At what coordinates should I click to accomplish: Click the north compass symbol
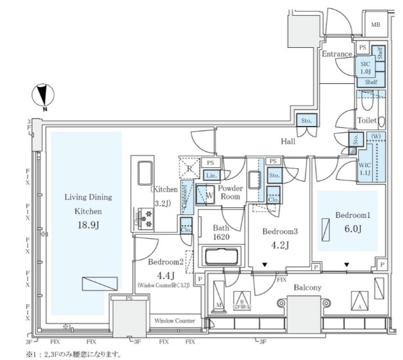click(x=41, y=96)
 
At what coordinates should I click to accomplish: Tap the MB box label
click(x=375, y=25)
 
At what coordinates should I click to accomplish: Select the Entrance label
click(x=337, y=54)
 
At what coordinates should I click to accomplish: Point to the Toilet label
click(x=366, y=121)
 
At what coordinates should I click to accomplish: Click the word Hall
click(x=287, y=141)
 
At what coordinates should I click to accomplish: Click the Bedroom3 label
click(x=280, y=232)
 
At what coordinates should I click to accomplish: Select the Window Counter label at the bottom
click(x=174, y=321)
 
